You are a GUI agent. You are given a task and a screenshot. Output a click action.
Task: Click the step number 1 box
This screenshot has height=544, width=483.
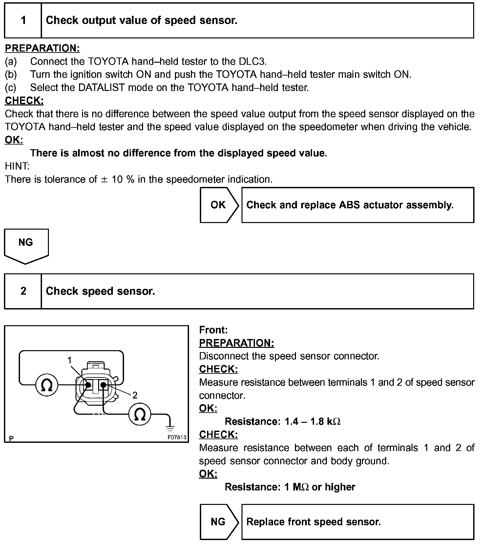(23, 21)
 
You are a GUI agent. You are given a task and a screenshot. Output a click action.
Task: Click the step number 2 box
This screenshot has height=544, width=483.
(23, 291)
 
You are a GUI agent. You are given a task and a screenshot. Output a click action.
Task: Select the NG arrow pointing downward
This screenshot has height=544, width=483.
(26, 245)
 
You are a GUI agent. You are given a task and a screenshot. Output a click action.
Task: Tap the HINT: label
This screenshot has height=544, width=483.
(17, 166)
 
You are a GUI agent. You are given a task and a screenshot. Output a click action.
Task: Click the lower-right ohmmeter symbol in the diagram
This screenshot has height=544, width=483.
(140, 414)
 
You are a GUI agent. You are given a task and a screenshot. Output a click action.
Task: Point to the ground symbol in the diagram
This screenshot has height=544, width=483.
(170, 427)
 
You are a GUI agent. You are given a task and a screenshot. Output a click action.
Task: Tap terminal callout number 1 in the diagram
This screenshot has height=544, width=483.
(70, 360)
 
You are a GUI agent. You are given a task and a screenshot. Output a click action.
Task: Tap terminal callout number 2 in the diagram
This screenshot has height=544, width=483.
(135, 395)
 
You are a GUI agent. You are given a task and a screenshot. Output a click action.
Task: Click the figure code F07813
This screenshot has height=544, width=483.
(177, 437)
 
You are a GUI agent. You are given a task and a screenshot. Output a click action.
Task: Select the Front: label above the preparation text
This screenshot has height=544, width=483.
(213, 330)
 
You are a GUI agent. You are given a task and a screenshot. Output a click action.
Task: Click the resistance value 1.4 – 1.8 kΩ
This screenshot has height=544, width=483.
(312, 421)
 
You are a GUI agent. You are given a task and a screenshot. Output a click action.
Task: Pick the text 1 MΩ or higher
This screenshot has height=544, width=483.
(320, 487)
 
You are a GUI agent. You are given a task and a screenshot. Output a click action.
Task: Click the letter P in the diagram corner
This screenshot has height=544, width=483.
(11, 438)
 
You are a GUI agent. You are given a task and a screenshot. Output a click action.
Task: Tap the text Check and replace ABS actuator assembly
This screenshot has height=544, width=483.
(350, 205)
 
